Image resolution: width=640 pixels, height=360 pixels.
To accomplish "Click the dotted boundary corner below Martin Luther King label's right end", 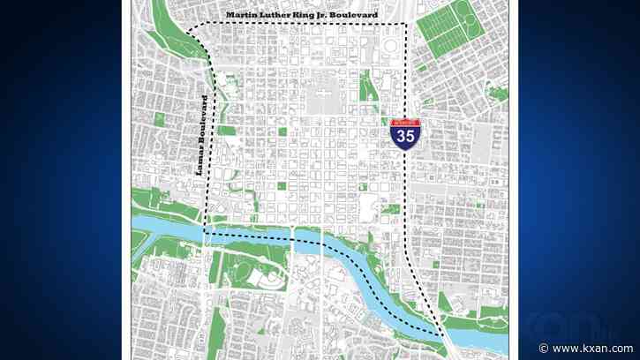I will pyautogui.click(x=407, y=25).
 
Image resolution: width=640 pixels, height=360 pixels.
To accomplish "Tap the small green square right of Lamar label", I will pyautogui.click(x=228, y=131).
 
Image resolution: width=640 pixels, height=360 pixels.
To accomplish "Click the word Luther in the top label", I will pyautogui.click(x=278, y=15).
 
